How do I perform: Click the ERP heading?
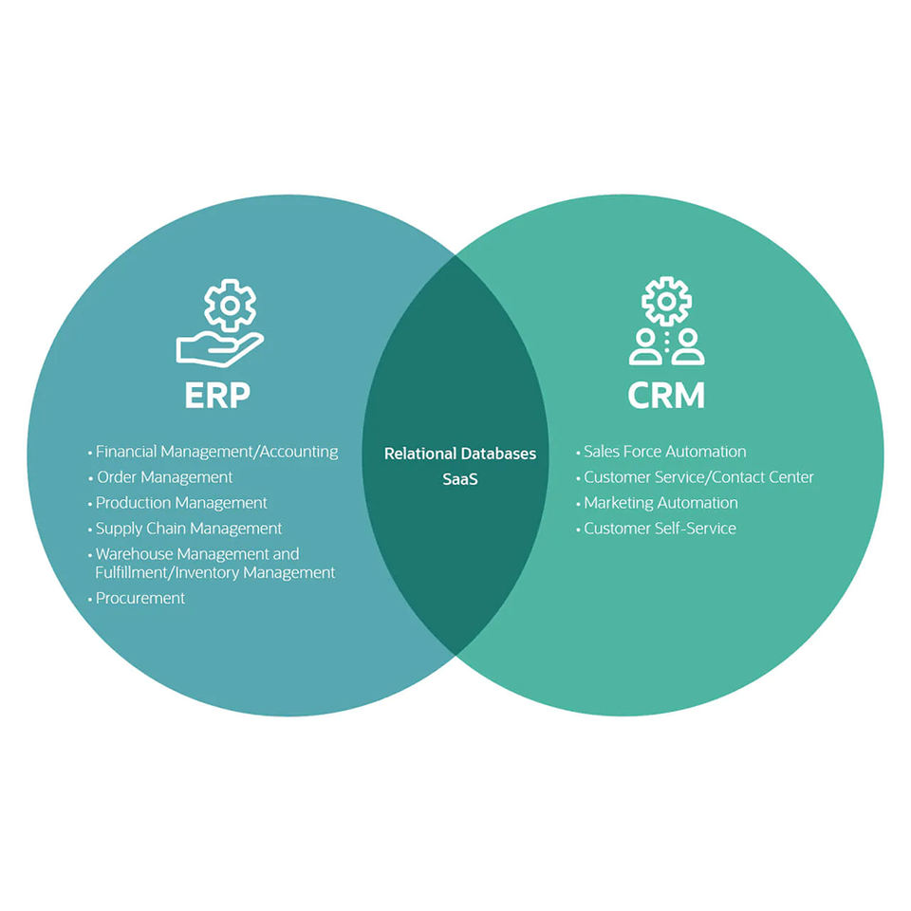[x=217, y=395]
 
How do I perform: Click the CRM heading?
[x=666, y=395]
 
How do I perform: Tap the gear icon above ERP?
[x=230, y=304]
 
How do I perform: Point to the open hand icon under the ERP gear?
[x=217, y=347]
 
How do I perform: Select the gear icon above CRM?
[x=666, y=301]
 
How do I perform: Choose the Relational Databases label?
[x=460, y=454]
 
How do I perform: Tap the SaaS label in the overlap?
[x=460, y=479]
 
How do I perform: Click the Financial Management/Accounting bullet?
[x=216, y=452]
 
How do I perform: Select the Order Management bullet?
[x=164, y=477]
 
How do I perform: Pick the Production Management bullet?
[x=181, y=503]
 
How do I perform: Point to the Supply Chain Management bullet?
[x=189, y=529]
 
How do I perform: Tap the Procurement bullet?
[x=140, y=599]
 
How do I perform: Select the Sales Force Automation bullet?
[x=664, y=452]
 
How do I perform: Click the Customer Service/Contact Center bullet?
[x=698, y=477]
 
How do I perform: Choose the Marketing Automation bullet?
[x=660, y=503]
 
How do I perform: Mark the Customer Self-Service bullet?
[x=660, y=529]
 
